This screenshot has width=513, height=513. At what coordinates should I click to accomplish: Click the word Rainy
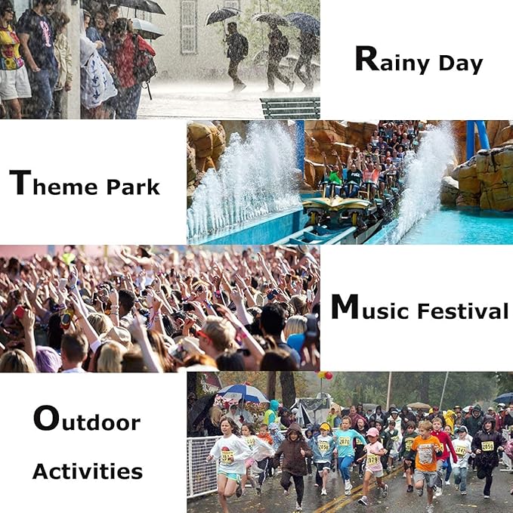(x=392, y=60)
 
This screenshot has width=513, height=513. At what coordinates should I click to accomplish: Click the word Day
(x=461, y=63)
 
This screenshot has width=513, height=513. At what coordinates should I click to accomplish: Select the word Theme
(x=54, y=183)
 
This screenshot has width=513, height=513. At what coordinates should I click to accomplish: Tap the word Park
(x=133, y=187)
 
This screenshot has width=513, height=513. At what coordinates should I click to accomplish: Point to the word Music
(x=370, y=307)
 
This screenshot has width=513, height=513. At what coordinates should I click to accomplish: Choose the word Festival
(x=463, y=311)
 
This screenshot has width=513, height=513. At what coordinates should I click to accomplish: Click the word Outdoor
(x=87, y=419)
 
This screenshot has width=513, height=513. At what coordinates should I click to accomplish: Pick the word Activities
(x=88, y=471)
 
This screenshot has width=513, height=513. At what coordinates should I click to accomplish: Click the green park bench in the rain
(x=291, y=107)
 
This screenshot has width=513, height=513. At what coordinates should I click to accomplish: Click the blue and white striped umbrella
(x=243, y=394)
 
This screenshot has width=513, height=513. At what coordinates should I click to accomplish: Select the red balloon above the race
(x=329, y=375)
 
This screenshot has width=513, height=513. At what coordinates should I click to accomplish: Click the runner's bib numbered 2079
(x=372, y=459)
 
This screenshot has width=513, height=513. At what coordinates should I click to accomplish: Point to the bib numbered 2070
(x=345, y=441)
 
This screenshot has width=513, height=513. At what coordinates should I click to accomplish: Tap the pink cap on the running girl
(x=372, y=432)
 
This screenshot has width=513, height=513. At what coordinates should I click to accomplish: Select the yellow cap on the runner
(x=325, y=426)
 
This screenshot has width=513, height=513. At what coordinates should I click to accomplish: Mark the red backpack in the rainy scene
(x=144, y=59)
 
